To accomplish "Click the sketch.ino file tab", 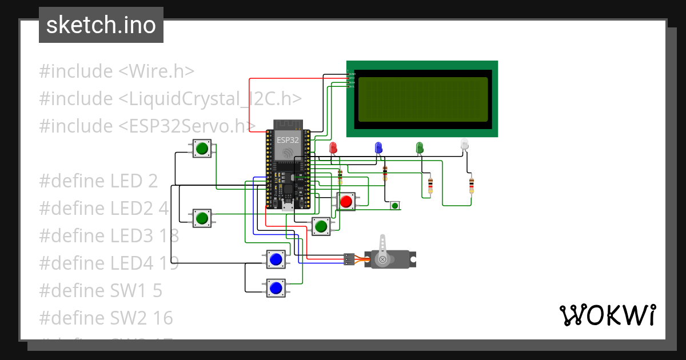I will click(x=101, y=25).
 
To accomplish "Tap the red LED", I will click(x=333, y=147).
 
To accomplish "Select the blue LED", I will click(x=378, y=147).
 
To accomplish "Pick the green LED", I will click(x=420, y=147).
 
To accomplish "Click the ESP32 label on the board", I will click(x=288, y=139).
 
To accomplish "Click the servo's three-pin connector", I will click(x=348, y=259).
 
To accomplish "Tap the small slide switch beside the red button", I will click(x=395, y=205).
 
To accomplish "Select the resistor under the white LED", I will click(x=472, y=185).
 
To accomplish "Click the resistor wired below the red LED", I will click(x=340, y=175).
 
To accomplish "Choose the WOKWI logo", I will click(x=607, y=315).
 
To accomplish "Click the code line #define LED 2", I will click(x=98, y=181).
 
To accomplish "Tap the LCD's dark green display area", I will click(x=422, y=99).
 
